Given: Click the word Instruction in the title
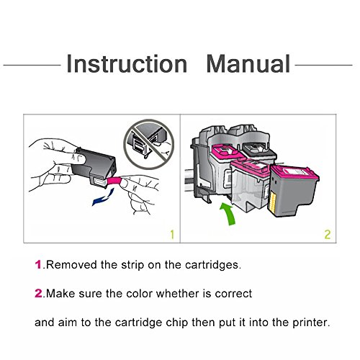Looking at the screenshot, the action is (127, 63).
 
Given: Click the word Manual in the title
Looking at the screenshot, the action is (248, 63).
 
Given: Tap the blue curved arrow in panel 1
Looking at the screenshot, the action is (103, 197).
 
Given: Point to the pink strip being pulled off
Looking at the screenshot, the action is (114, 181).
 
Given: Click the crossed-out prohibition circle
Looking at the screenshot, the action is (149, 145).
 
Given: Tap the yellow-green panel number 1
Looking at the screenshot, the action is (172, 235).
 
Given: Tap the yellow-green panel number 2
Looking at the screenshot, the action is (328, 235).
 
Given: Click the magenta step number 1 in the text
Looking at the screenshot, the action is (38, 265).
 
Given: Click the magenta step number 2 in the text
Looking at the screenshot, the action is (38, 294).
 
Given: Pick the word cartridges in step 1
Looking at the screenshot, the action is (212, 266).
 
